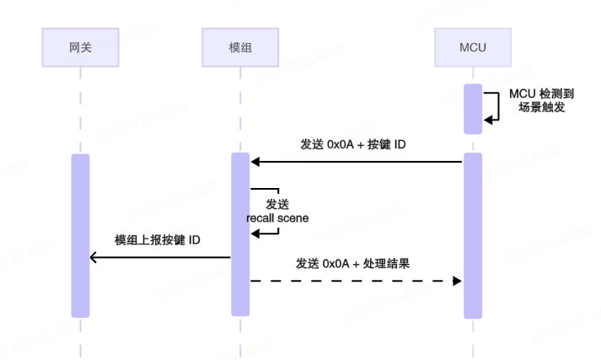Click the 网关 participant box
[80, 47]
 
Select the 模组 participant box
[240, 47]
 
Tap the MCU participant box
[472, 47]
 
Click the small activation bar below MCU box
[472, 109]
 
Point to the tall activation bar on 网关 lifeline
[80, 235]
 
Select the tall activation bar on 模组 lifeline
[240, 234]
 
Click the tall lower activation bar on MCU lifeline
[472, 235]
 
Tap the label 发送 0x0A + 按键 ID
[353, 144]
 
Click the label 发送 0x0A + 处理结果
[353, 263]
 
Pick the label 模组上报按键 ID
[158, 240]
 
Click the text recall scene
[277, 218]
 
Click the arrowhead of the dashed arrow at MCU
[458, 280]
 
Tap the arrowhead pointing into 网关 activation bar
[94, 258]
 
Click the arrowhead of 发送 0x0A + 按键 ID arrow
[255, 161]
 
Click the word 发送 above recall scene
[277, 204]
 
